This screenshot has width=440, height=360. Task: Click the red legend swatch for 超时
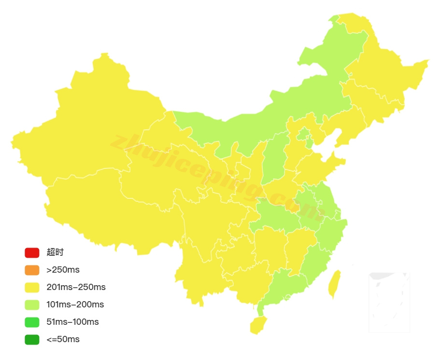pos(32,252)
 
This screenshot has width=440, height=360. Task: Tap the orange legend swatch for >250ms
pos(32,270)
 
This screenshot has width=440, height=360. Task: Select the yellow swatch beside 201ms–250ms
pos(32,287)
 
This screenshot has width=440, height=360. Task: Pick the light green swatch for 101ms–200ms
pos(32,305)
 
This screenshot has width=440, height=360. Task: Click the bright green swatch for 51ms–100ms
pos(32,322)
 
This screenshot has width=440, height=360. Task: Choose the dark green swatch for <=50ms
pos(32,339)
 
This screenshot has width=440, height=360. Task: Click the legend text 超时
pos(55,252)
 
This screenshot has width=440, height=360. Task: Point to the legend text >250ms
pos(63,270)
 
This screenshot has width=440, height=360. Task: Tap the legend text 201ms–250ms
pos(76,287)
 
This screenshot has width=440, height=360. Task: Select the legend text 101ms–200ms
pos(75,305)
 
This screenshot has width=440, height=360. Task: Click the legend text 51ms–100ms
pos(72,322)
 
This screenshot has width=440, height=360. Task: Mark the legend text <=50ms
pos(63,339)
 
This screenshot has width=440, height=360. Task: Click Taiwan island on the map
pos(334,285)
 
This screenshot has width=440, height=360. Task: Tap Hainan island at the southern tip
pos(258,325)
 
